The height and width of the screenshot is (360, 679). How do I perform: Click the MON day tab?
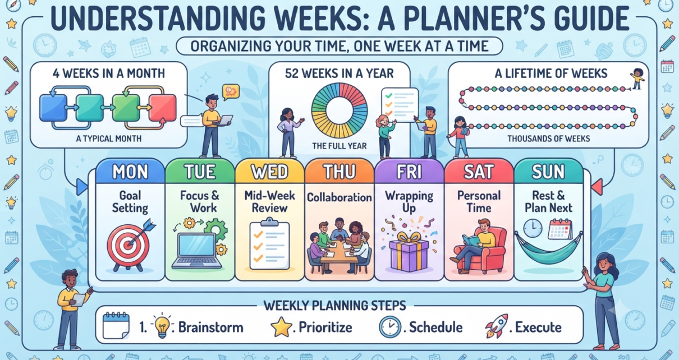coord(130,171)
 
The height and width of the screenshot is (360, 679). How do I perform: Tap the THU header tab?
coord(339,171)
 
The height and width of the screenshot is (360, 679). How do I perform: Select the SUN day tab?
coord(548,171)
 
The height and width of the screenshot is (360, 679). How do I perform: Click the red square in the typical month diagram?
coord(163,108)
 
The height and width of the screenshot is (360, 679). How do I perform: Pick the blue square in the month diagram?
coord(53,108)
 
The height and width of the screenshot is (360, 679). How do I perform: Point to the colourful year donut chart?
coord(339,110)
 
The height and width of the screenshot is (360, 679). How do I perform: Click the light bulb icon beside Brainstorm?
coord(162,326)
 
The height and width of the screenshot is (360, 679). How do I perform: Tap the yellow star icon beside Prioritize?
coord(281,327)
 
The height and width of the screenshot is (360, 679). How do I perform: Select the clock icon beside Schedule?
coord(390,327)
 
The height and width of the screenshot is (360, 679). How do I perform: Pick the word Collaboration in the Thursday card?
coord(339,197)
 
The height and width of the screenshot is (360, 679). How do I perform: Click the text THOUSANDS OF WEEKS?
coord(549,139)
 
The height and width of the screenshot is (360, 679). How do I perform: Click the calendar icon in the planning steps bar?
coord(116,326)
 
